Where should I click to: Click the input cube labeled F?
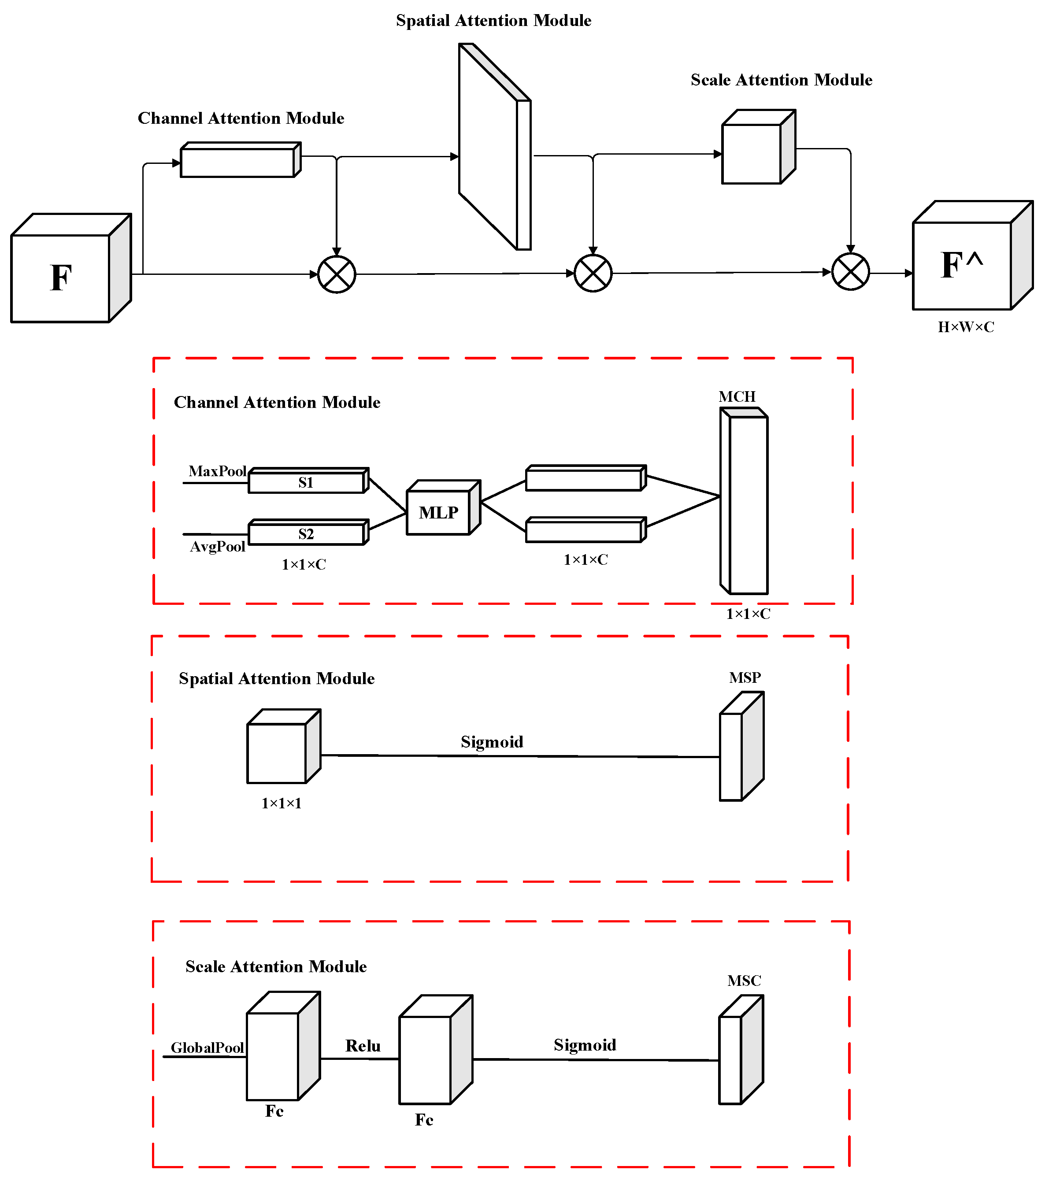click(x=61, y=278)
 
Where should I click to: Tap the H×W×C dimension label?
click(x=966, y=327)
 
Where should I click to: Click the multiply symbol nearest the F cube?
click(x=337, y=274)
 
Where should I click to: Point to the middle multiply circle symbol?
click(x=593, y=273)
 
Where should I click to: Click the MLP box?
click(x=439, y=512)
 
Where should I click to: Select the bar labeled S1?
click(x=306, y=482)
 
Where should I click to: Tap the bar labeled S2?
click(x=306, y=534)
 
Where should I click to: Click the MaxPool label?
click(x=217, y=471)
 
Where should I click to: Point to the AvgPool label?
click(x=217, y=546)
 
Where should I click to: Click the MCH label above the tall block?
click(x=737, y=396)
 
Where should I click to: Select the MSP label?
click(x=745, y=677)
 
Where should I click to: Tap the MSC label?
click(x=744, y=981)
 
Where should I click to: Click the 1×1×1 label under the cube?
click(x=282, y=803)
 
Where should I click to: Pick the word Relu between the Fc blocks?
click(x=363, y=1046)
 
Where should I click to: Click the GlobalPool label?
click(x=207, y=1048)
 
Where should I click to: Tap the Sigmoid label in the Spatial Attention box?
click(x=492, y=742)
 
